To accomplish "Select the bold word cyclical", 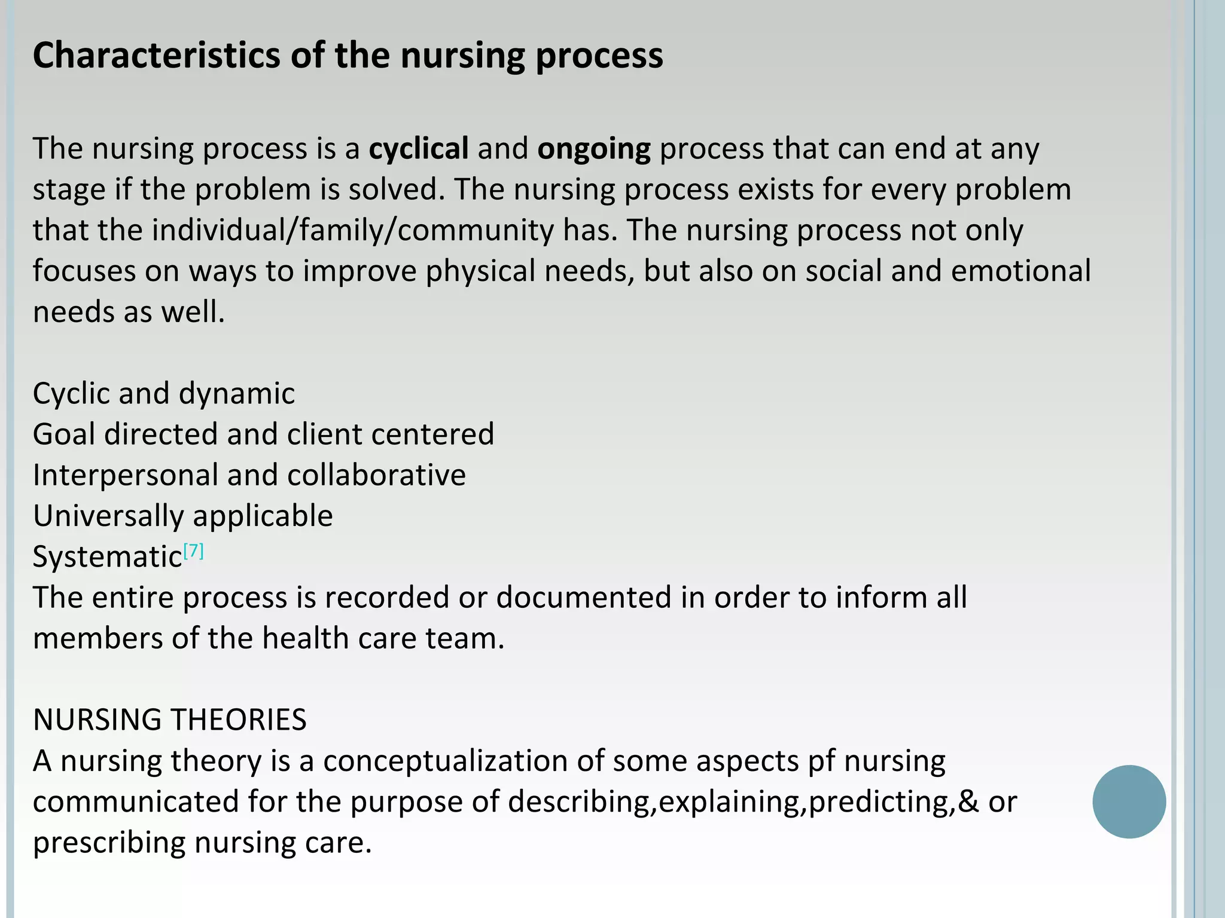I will pyautogui.click(x=419, y=149).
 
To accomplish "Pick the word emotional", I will pyautogui.click(x=1021, y=271).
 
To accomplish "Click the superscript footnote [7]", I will pyautogui.click(x=194, y=550).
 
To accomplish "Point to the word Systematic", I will pyautogui.click(x=107, y=557).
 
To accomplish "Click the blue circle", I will pyautogui.click(x=1129, y=801).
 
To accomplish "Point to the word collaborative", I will pyautogui.click(x=376, y=476).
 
